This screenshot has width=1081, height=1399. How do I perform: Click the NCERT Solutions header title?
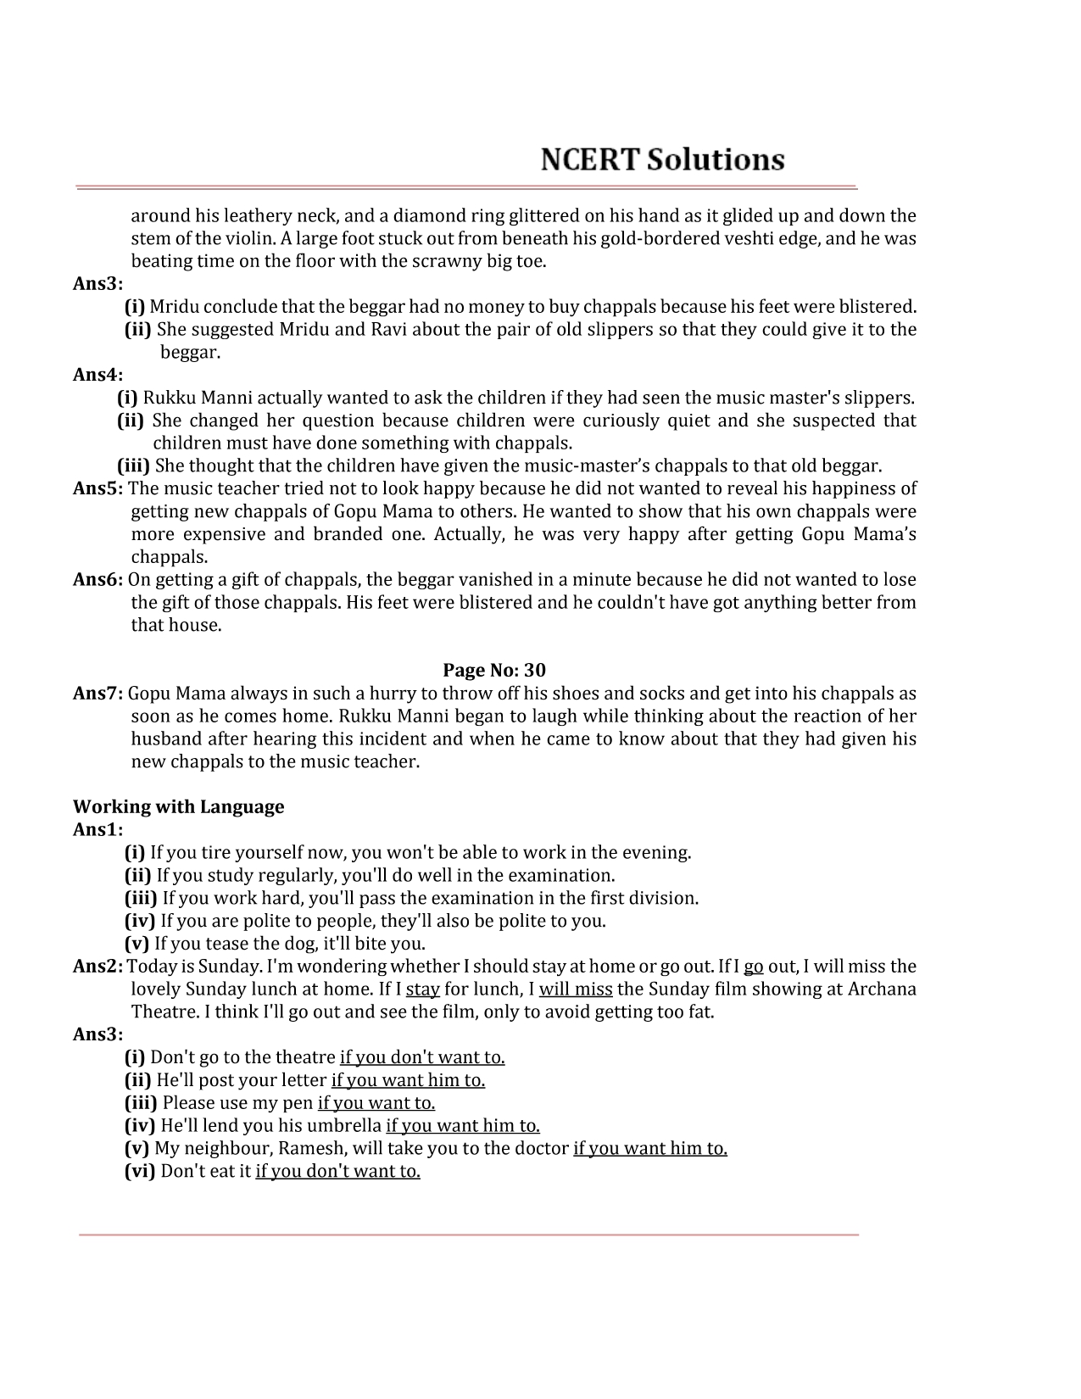663,159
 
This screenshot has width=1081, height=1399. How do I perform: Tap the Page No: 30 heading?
494,671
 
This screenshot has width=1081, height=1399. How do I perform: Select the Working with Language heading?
179,806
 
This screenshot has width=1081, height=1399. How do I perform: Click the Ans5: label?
98,488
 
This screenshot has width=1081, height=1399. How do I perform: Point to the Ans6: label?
98,580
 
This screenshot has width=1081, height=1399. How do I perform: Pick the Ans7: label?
98,694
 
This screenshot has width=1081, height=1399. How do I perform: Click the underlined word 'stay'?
422,989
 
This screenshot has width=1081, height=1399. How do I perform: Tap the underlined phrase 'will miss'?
576,989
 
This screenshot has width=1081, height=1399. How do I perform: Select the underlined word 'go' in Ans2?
754,966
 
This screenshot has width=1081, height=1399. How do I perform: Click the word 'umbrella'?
345,1125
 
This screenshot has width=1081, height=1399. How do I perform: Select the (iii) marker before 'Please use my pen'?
141,1102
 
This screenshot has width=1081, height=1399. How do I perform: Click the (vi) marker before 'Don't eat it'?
140,1171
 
